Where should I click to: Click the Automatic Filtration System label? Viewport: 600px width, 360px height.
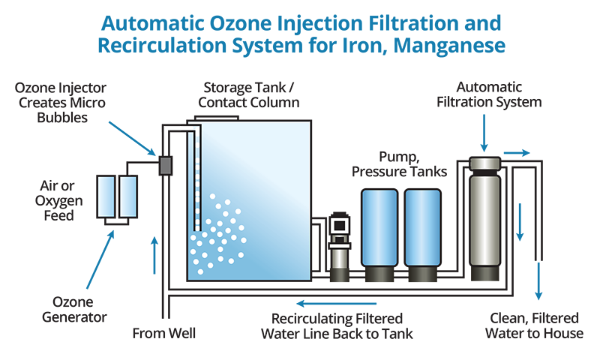pos(491,94)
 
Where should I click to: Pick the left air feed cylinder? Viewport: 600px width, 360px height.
pos(106,197)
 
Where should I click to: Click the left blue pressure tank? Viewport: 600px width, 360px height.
pos(379,232)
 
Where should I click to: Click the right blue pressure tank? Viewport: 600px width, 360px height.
pos(422,232)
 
